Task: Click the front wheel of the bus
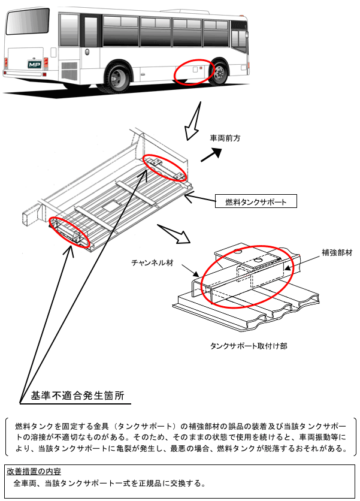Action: pyautogui.click(x=220, y=73)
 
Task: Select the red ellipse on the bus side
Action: pyautogui.click(x=193, y=72)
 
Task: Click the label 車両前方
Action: pyautogui.click(x=225, y=138)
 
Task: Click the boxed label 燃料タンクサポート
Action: pyautogui.click(x=256, y=202)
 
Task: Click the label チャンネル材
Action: pyautogui.click(x=152, y=262)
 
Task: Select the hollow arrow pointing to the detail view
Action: pyautogui.click(x=174, y=233)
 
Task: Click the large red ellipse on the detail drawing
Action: pyautogui.click(x=247, y=275)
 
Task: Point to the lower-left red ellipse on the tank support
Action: pyautogui.click(x=69, y=231)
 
